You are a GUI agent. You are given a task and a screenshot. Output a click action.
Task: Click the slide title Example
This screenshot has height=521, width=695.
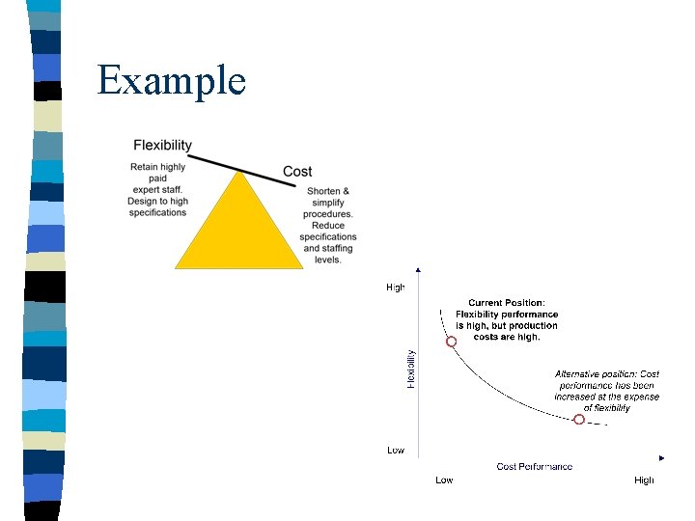172,80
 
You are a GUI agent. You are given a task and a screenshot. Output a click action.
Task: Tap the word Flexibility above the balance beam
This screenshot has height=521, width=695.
162,146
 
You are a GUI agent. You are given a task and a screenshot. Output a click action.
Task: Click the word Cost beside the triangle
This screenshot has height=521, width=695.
297,172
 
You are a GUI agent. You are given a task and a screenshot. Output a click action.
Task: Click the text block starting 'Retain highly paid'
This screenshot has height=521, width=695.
157,189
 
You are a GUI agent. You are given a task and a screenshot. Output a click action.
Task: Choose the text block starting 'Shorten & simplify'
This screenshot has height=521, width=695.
328,225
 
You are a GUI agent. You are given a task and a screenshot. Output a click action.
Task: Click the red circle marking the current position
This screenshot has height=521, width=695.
451,342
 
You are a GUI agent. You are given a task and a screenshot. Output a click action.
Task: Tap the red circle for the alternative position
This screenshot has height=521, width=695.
579,420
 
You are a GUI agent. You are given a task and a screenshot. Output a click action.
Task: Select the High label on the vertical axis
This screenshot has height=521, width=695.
396,288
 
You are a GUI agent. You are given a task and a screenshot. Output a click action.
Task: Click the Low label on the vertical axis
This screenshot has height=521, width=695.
396,451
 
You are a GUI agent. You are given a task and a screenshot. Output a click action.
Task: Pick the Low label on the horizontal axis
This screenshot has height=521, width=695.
444,480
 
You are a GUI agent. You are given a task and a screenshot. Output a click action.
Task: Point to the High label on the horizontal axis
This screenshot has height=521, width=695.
644,480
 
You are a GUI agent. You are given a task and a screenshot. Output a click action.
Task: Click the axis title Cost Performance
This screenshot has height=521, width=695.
534,467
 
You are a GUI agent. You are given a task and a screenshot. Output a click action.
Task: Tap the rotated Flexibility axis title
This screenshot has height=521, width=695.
410,370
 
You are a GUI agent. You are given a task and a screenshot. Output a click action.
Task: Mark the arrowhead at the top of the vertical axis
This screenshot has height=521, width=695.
416,270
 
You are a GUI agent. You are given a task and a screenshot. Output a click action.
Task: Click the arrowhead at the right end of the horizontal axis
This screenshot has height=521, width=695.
662,457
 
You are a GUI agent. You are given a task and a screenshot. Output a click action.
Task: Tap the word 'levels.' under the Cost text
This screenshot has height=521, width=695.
328,260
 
